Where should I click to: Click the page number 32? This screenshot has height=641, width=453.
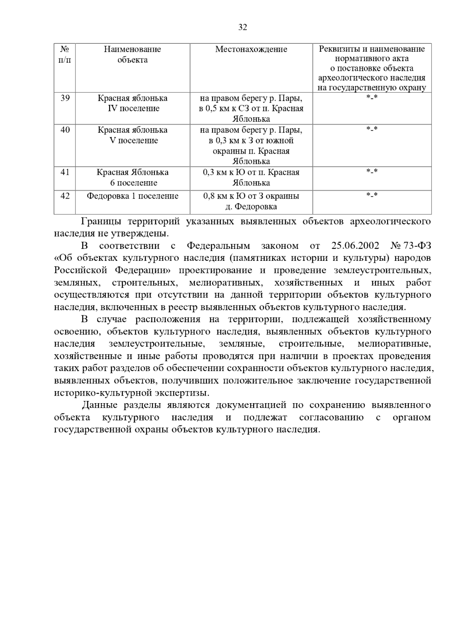point(243,27)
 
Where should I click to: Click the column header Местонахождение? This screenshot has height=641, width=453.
point(251,49)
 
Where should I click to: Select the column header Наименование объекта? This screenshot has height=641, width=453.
point(133,54)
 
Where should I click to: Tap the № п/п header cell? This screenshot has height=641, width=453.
point(65,54)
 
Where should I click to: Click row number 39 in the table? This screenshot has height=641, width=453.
point(65,98)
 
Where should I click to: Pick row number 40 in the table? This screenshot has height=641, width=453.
point(65,130)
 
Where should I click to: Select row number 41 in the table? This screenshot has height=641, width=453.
point(65,172)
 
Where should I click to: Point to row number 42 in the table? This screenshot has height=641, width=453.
point(65,196)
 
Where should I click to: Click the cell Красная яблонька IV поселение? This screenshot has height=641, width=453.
point(133,103)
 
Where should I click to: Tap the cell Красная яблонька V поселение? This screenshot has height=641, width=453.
point(133,135)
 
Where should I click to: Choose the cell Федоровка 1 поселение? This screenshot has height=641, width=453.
point(133,196)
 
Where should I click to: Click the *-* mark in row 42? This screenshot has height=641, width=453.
point(372,196)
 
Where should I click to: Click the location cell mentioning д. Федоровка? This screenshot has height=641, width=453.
point(251,201)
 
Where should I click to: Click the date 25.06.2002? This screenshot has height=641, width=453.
point(355,246)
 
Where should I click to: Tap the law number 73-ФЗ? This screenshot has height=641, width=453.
point(417,246)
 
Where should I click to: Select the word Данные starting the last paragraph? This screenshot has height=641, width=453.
point(101,405)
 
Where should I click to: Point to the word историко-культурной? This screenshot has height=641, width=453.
point(103,393)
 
